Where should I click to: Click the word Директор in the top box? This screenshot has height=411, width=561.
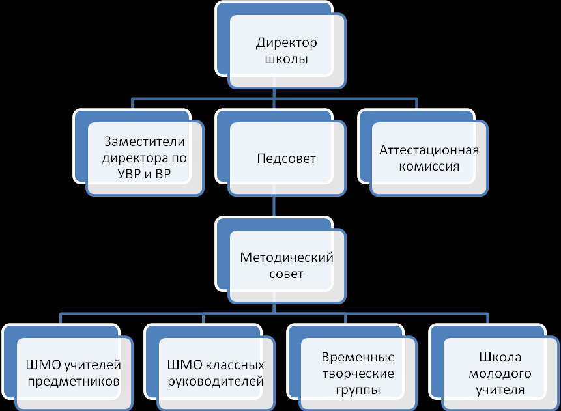[x=286, y=44]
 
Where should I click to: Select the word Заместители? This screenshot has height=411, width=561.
[x=145, y=142]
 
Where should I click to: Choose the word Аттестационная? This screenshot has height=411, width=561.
[x=429, y=150]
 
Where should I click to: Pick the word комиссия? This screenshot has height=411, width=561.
[x=429, y=166]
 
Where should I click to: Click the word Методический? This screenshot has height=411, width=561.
[x=287, y=257]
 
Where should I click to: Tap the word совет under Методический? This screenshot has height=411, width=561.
[x=286, y=274]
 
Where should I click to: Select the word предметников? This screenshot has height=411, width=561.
[x=73, y=382]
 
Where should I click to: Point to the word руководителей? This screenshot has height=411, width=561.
[x=215, y=382]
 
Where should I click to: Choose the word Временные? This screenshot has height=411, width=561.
[x=358, y=358]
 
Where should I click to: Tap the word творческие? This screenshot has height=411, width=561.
[x=358, y=374]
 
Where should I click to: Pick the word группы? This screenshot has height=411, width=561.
[x=358, y=390]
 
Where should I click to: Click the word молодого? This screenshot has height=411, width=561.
[x=500, y=374]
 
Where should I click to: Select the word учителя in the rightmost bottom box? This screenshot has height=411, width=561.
[x=500, y=390]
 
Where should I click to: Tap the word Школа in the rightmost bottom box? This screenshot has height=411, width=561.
[x=500, y=358]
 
